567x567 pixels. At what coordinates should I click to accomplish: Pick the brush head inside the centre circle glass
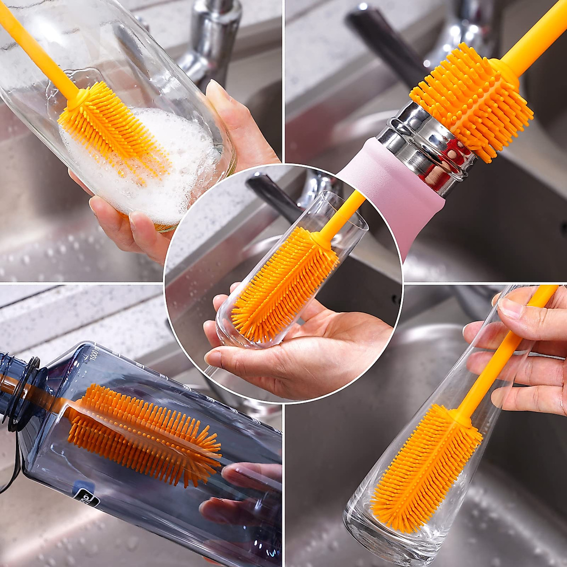click(283, 283)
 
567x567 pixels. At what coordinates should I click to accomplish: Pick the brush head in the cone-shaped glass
click(425, 468)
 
